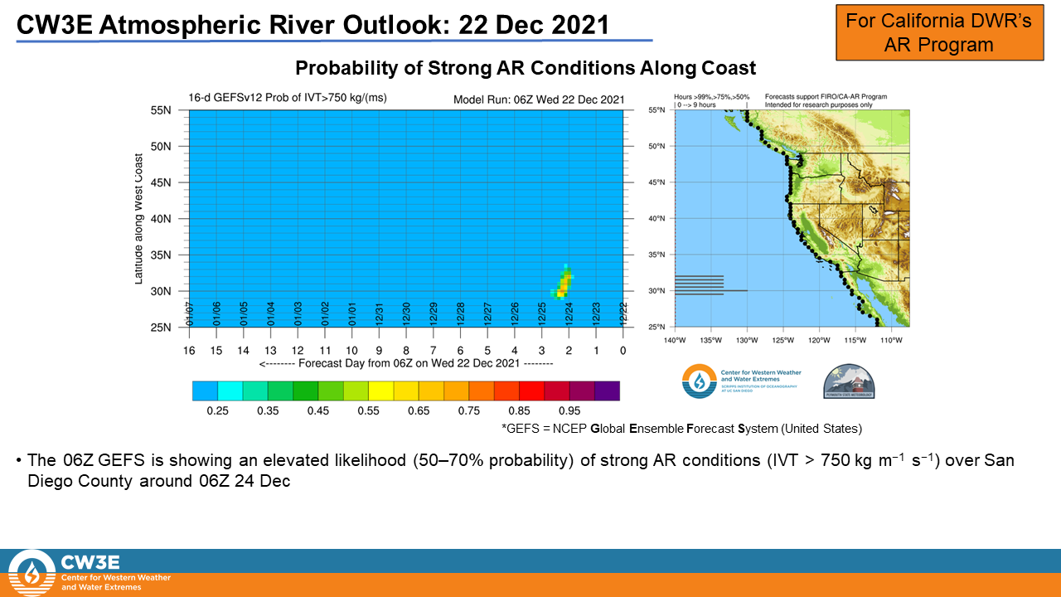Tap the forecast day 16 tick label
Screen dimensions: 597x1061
[189, 350]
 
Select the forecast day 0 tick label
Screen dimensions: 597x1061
[623, 350]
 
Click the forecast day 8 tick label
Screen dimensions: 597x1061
[406, 350]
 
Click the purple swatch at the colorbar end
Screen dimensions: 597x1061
[607, 391]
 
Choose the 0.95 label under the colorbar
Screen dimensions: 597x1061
[569, 410]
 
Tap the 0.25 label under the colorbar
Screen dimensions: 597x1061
[218, 410]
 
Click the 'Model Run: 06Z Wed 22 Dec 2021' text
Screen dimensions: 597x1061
[538, 99]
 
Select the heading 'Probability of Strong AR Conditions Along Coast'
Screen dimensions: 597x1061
[526, 68]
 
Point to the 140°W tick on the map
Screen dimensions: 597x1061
[676, 339]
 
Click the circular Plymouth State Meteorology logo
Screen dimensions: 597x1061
[849, 381]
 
